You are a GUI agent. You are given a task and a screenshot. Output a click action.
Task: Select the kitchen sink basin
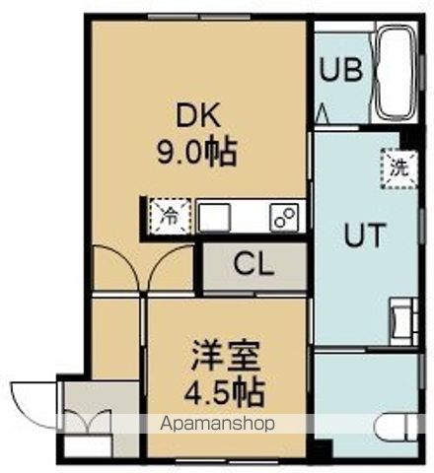coord(214,216)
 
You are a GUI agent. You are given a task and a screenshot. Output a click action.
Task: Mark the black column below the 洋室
coord(319,454)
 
